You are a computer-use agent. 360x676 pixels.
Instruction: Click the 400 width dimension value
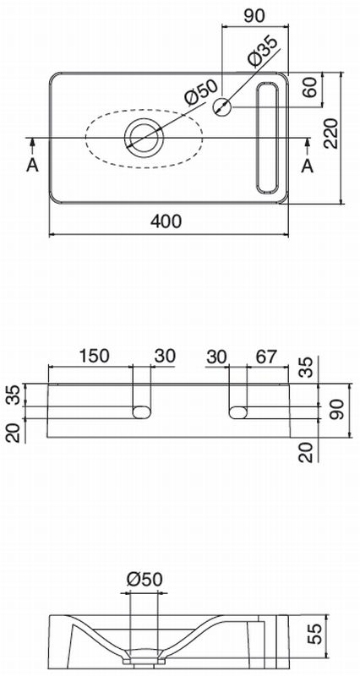166,221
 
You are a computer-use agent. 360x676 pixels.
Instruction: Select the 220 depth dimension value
331,134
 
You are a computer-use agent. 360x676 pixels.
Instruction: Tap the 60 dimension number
310,87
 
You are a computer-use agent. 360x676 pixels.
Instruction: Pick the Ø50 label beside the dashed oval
201,92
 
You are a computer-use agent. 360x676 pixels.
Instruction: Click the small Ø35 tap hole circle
222,106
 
